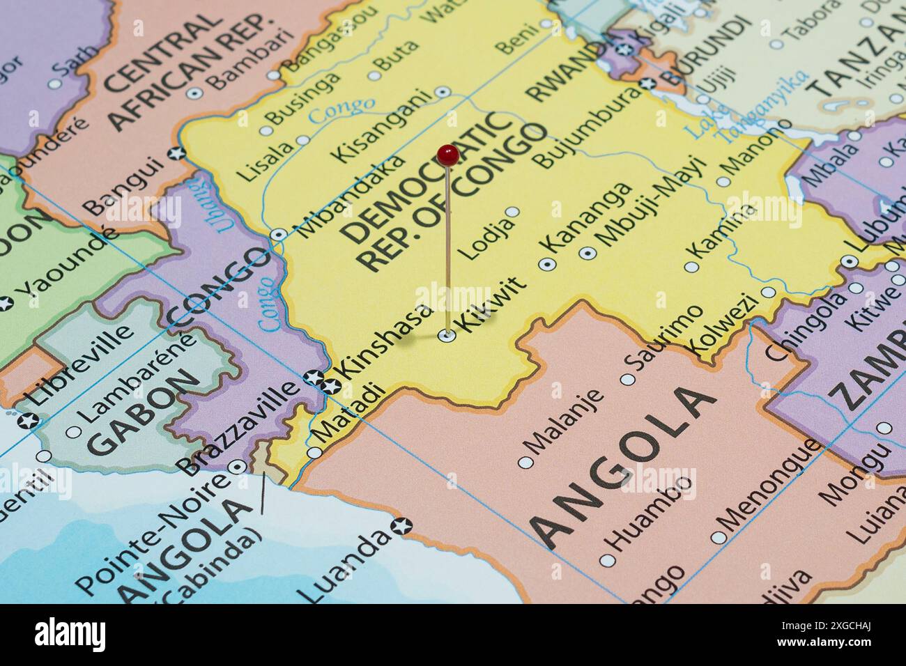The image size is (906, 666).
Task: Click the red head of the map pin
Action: (447, 155)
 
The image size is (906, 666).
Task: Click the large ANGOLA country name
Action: (624, 467)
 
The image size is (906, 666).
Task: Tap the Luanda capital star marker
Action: (401, 525)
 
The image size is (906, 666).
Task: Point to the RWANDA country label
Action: (565, 70)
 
